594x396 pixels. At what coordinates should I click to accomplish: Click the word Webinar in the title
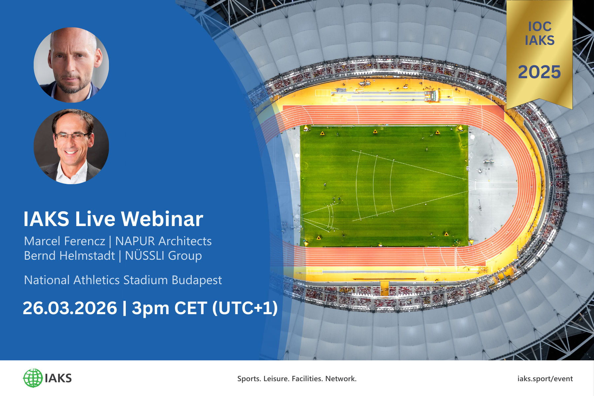[162, 219]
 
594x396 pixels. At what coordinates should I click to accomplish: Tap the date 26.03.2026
[70, 308]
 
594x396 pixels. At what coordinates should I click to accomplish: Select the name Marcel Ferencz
[65, 241]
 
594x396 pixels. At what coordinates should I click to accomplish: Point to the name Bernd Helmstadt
[70, 256]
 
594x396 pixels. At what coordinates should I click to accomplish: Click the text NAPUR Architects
[163, 241]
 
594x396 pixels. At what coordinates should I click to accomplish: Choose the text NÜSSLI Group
[163, 256]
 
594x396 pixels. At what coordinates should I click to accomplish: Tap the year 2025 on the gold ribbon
[539, 72]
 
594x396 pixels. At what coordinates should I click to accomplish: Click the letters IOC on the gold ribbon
[540, 27]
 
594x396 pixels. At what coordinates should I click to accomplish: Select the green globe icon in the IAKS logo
[33, 378]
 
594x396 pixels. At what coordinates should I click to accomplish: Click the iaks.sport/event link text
[545, 379]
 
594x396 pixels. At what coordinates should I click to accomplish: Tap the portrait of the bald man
[71, 65]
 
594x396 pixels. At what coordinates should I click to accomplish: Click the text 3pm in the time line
[150, 308]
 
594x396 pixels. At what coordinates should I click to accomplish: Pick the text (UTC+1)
[245, 308]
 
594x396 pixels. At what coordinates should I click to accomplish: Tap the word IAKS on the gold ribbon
[540, 41]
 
